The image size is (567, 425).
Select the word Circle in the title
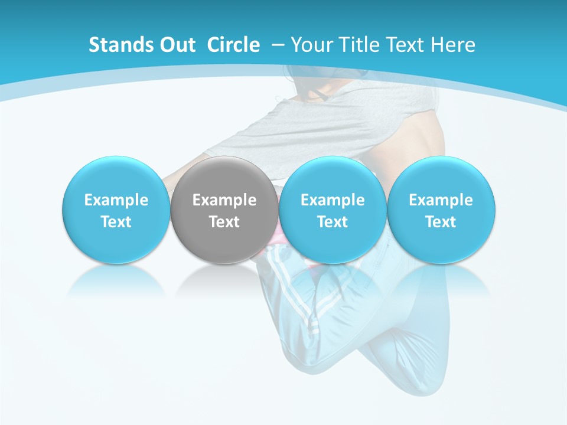pos(233,45)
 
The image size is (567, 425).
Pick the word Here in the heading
pos(453,45)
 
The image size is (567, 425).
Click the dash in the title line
pos(278,45)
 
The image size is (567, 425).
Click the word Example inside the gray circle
pos(224,200)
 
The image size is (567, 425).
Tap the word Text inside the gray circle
pos(224,222)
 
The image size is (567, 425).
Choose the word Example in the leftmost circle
pos(116,200)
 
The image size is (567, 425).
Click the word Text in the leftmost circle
pos(116,222)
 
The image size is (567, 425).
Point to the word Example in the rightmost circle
pos(441,200)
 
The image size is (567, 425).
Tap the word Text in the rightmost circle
pos(441,222)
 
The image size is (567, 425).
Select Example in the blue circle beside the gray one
pos(333,200)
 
